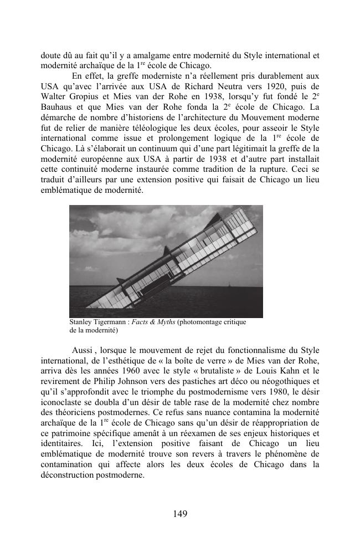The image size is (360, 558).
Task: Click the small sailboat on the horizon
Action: pos(228,286)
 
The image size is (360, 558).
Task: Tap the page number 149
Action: pos(180,514)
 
